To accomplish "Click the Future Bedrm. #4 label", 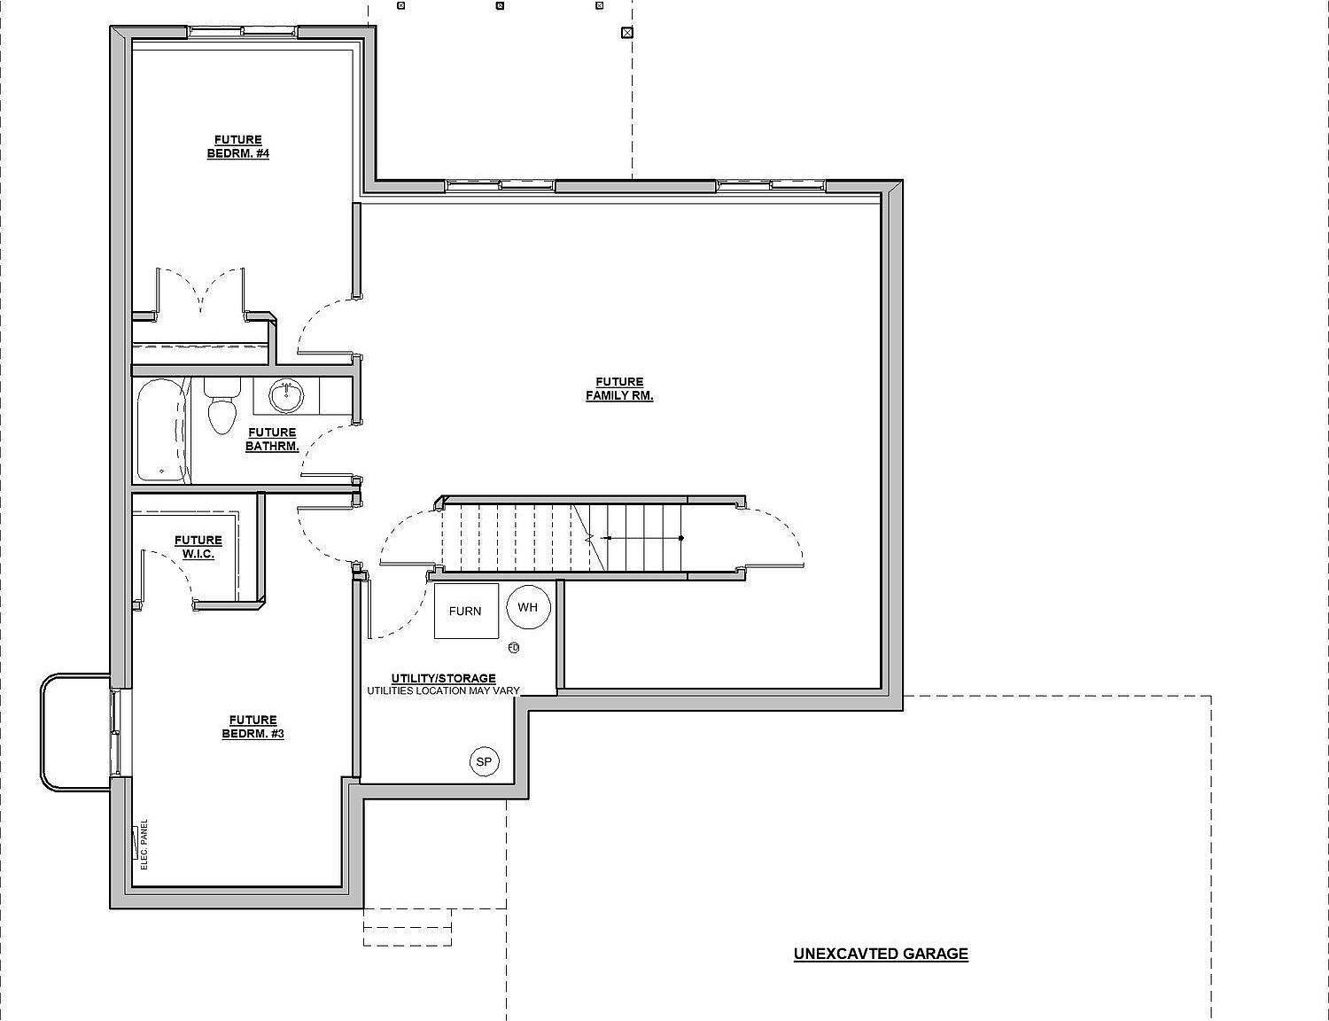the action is pos(238,147).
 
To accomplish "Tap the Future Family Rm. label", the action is pos(619,389).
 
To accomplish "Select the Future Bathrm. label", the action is pos(272,440).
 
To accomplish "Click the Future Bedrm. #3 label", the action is pos(253,727).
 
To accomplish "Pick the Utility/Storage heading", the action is pos(443,678).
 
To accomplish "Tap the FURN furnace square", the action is pos(466,611).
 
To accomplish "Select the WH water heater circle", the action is pos(528,607).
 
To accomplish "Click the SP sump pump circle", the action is pos(484,761).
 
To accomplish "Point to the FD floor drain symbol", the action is pos(514,647).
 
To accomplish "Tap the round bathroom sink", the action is pos(286,396).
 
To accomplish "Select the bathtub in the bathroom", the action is pos(161,431).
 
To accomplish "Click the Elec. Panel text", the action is pos(144,845).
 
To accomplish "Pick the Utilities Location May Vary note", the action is pos(443,690).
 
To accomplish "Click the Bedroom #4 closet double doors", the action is pos(200,292).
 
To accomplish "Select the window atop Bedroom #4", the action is pos(243,32).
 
